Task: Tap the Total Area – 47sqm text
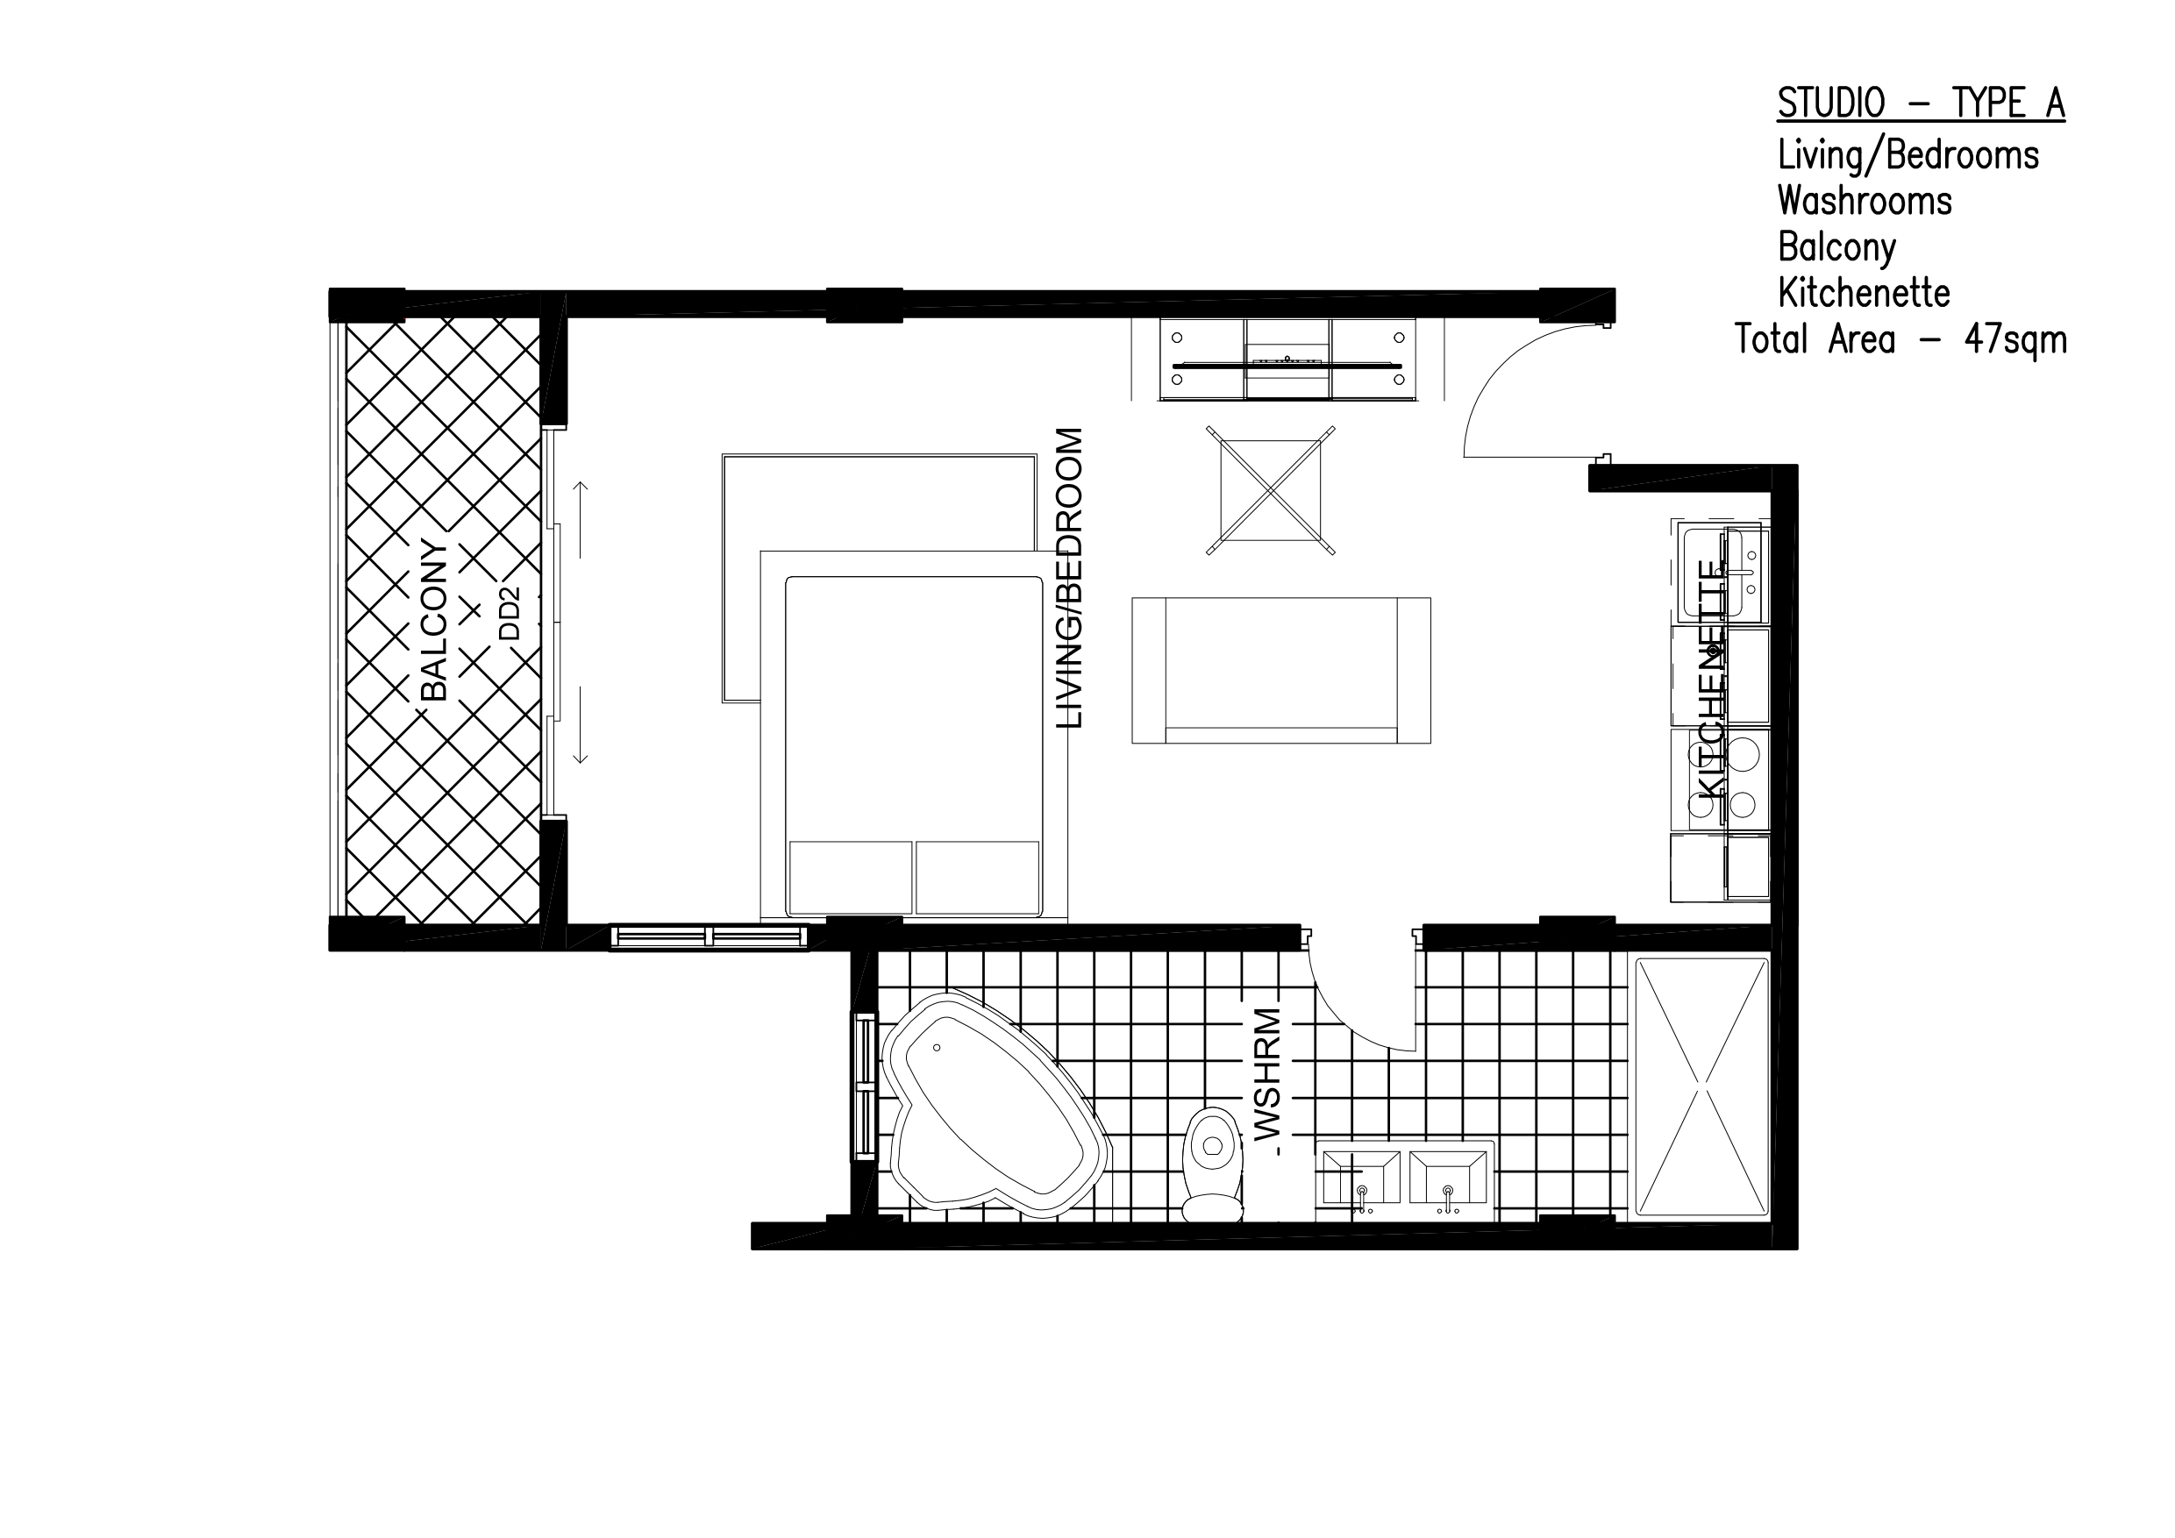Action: coord(1900,339)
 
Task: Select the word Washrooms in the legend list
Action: coord(1865,201)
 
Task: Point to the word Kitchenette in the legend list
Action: coord(1864,293)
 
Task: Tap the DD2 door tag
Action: coord(510,614)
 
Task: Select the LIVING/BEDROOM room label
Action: coord(1068,578)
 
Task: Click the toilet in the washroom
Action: coord(1213,1164)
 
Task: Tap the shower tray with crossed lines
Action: coord(1702,1086)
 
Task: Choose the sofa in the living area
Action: coord(1280,671)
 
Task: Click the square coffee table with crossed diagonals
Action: coord(1270,489)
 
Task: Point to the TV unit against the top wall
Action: coord(1287,360)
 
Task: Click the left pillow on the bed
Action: coord(851,878)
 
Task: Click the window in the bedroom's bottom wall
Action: coord(709,937)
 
